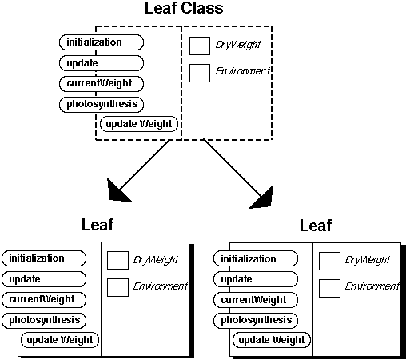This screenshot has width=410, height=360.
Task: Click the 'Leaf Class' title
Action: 184,8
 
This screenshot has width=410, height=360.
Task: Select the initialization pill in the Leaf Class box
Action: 102,42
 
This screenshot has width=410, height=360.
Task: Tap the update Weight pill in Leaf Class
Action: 139,124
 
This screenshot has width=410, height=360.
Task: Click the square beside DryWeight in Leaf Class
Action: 200,46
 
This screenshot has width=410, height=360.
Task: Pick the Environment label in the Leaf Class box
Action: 242,71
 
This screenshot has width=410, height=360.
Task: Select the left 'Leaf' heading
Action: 98,225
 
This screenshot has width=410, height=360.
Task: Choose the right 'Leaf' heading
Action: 316,226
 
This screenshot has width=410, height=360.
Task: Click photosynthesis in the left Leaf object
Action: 44,320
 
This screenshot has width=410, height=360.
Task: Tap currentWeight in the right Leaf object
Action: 256,300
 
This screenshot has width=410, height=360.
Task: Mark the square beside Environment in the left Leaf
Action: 117,288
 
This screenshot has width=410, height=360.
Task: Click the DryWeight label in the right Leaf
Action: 368,260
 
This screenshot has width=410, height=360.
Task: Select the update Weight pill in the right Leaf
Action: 272,340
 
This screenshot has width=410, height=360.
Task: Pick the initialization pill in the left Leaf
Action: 44,258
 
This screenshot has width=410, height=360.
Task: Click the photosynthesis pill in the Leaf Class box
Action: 102,104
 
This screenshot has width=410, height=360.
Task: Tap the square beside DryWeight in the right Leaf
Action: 329,262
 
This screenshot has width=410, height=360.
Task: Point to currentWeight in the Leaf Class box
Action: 102,83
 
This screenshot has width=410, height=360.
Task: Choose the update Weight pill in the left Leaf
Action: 60,340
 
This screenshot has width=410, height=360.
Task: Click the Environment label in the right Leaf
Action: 372,286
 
